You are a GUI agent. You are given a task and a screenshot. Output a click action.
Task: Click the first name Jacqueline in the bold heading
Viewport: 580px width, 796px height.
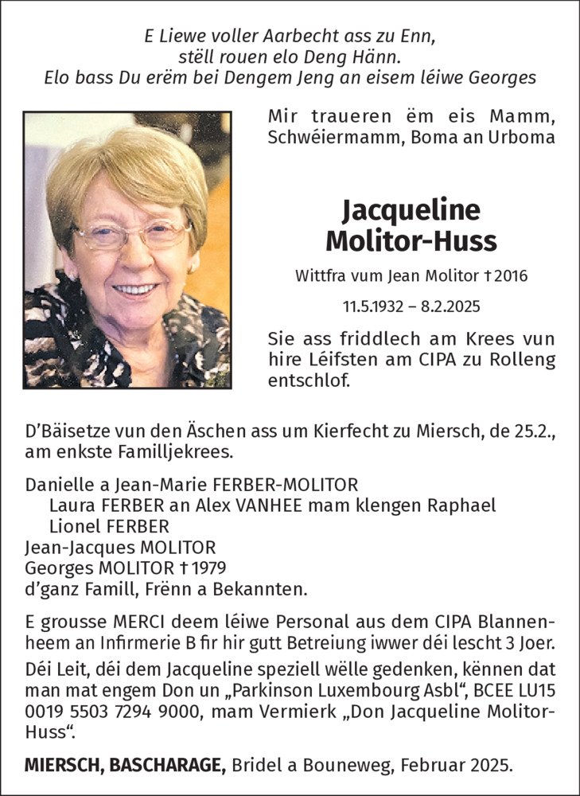(411, 209)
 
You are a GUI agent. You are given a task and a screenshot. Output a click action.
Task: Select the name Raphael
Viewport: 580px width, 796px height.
(462, 505)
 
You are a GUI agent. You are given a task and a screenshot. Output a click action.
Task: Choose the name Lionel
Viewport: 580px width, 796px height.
(72, 527)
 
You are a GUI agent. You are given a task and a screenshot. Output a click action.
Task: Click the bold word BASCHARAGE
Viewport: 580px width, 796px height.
(166, 767)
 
